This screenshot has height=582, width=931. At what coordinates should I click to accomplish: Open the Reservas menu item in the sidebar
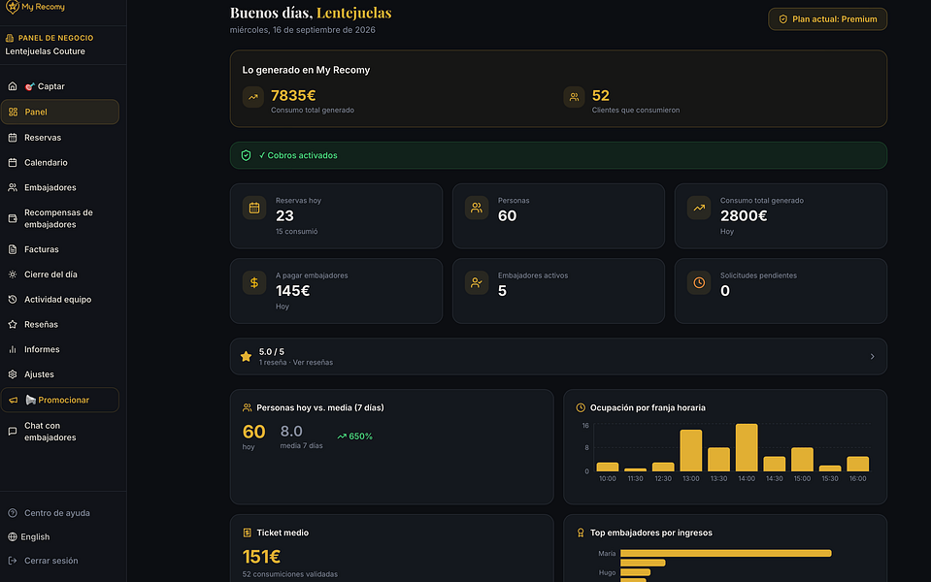tap(42, 138)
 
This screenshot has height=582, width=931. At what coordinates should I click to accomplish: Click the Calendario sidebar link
tap(46, 163)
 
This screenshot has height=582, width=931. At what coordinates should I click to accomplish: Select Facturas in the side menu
tap(41, 249)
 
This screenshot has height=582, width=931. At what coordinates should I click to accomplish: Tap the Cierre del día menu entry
tap(50, 275)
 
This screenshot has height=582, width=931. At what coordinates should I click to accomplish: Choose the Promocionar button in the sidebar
tap(59, 400)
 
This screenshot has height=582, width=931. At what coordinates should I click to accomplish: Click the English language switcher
tap(35, 537)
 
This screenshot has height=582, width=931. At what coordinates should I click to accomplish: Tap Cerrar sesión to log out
tap(50, 561)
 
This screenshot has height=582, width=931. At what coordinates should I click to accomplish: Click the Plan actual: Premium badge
tap(828, 19)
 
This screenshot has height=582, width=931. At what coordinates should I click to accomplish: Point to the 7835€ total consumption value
tap(293, 95)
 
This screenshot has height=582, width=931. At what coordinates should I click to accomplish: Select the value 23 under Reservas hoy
tap(284, 216)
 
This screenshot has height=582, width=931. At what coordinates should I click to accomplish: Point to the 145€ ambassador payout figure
tap(293, 291)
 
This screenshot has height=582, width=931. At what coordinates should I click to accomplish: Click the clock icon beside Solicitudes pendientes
tap(699, 283)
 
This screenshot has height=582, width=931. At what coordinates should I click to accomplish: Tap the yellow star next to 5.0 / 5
tap(246, 357)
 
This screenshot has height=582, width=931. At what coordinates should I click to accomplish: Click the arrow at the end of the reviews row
tap(872, 357)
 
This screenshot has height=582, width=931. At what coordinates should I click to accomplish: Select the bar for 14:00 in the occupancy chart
tap(747, 447)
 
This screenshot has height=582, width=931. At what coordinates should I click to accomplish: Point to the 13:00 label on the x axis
tap(690, 479)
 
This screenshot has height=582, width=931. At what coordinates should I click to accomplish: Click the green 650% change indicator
tap(354, 436)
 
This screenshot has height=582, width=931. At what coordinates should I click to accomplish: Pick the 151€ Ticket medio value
tap(261, 557)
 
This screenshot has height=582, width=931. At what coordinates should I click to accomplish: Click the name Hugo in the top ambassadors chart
tap(607, 572)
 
